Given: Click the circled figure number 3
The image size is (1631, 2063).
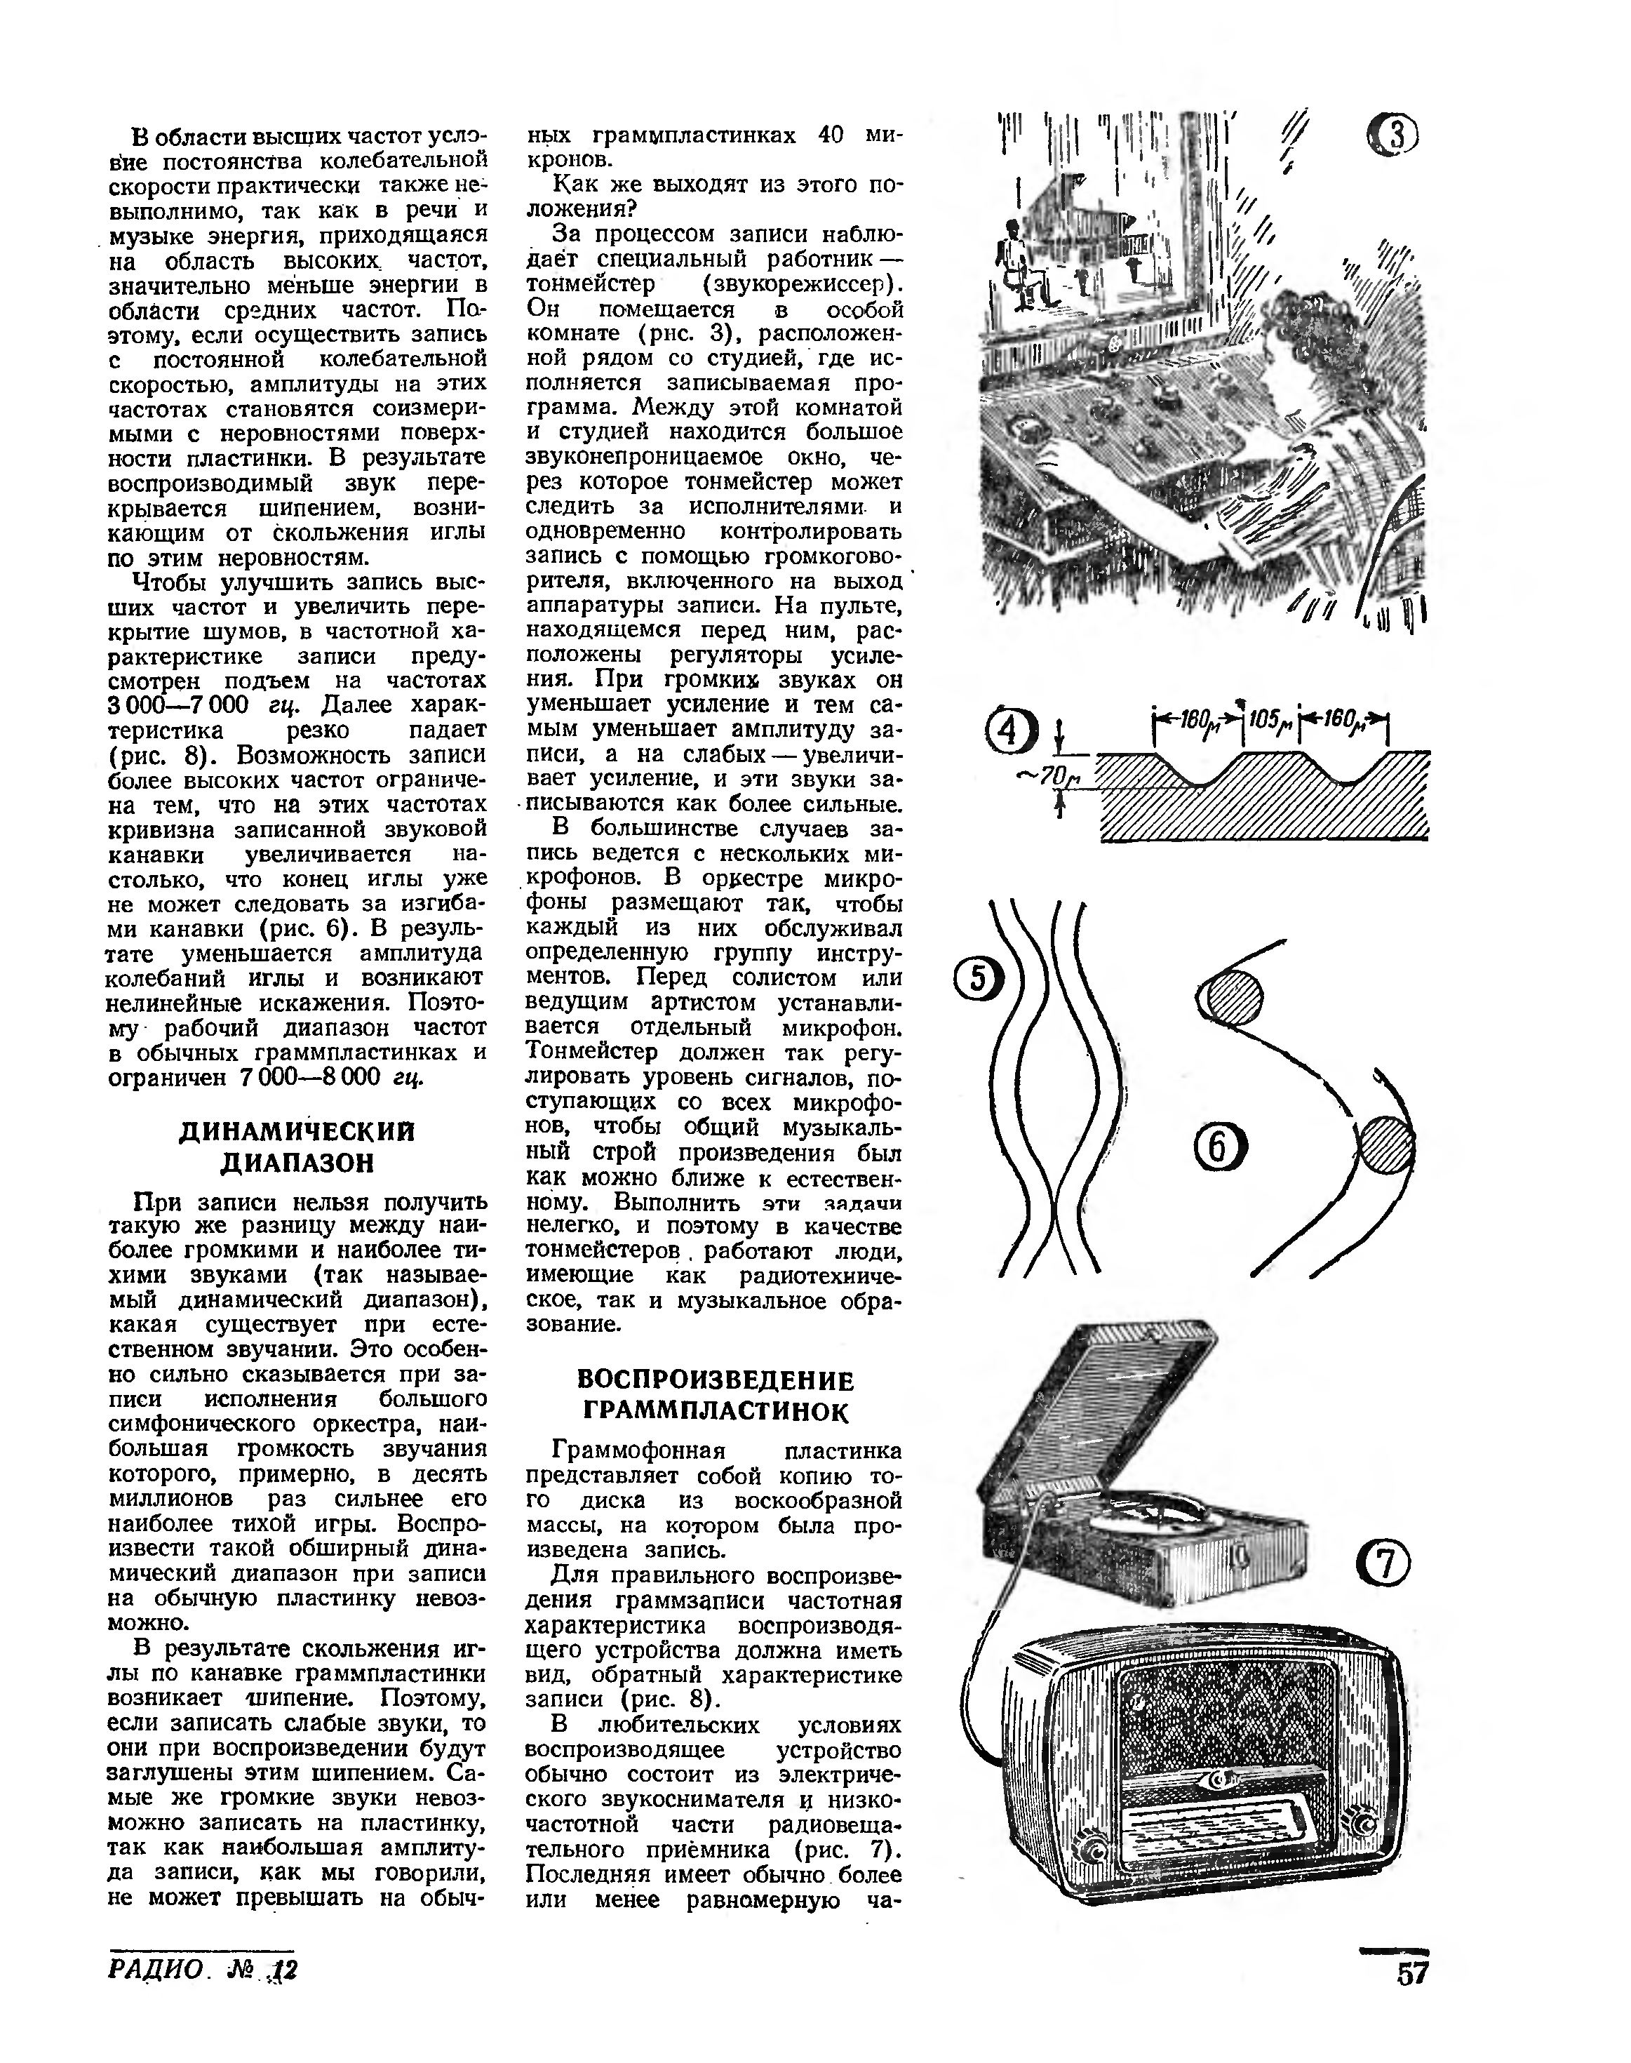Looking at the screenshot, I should (x=1392, y=137).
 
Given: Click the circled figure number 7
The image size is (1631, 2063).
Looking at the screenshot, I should (x=1383, y=1565).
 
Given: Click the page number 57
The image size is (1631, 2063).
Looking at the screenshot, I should (x=1412, y=1973).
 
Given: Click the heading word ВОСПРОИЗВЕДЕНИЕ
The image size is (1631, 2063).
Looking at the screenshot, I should (x=716, y=1381).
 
